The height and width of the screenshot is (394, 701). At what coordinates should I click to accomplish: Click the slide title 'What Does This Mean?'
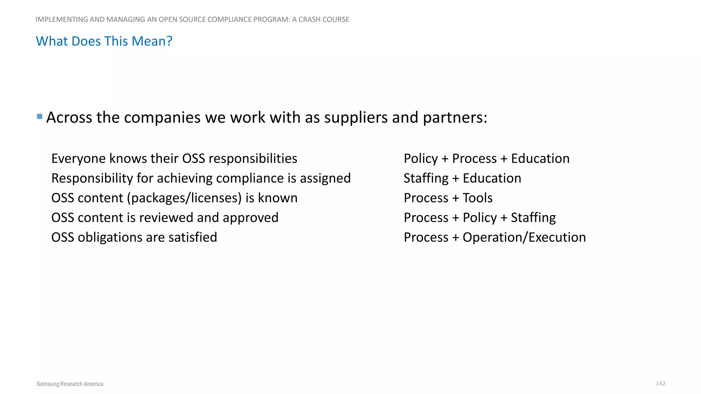(x=104, y=41)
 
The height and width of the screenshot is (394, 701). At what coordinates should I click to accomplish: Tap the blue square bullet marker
(x=39, y=117)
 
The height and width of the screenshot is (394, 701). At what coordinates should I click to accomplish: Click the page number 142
(x=660, y=383)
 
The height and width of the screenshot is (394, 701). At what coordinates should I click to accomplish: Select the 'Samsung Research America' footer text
(x=70, y=384)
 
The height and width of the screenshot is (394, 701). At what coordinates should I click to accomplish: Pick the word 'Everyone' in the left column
(x=78, y=159)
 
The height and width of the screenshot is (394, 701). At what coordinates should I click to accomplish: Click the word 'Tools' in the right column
(x=477, y=198)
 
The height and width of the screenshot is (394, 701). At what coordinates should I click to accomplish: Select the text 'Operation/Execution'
(x=524, y=237)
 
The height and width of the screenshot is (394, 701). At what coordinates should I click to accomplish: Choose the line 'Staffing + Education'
(x=462, y=179)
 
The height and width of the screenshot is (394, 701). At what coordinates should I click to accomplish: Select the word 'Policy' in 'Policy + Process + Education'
(x=421, y=159)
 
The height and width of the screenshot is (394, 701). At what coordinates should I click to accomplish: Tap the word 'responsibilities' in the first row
(x=253, y=159)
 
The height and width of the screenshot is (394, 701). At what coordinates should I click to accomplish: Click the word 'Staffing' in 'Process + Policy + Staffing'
(x=533, y=218)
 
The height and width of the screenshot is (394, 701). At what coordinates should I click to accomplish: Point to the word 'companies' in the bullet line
(x=162, y=118)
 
